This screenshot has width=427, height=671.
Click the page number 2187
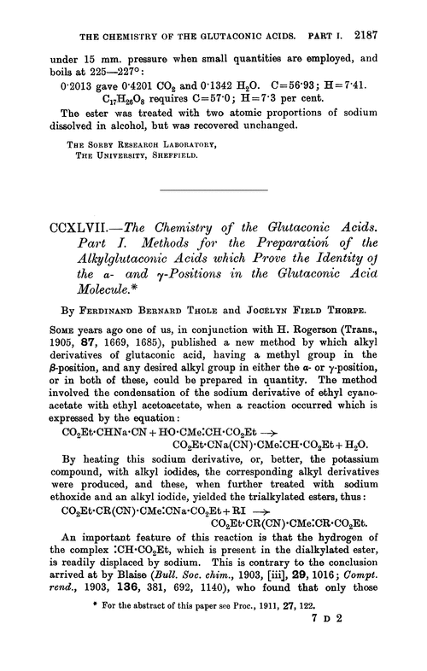pos(395,12)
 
